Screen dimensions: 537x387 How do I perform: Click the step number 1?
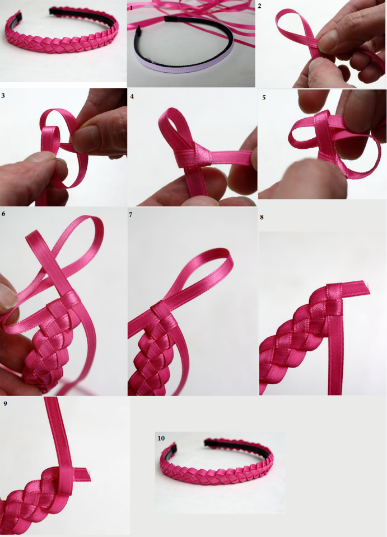(131, 8)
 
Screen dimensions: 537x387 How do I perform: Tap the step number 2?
(260, 6)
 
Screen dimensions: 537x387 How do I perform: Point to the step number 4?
(132, 96)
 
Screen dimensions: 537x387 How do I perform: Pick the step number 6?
(4, 214)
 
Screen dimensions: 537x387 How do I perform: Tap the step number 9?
(5, 403)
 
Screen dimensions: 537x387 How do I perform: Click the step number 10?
(161, 438)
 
